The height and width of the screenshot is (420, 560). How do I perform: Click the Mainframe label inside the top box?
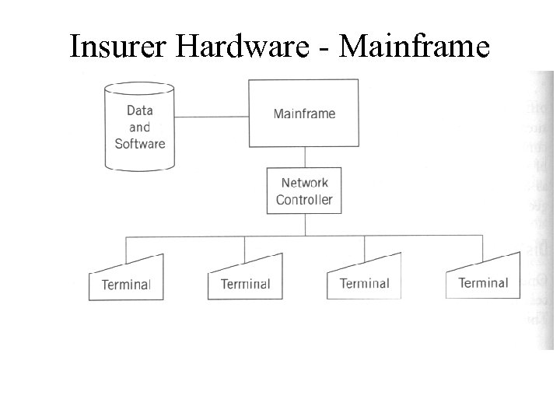tap(304, 114)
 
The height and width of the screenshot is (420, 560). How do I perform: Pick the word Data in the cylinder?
tap(140, 110)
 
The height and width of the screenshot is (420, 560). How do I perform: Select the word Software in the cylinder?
tap(140, 143)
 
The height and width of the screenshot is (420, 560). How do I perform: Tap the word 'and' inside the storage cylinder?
tap(140, 127)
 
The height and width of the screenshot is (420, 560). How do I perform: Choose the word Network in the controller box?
tap(304, 183)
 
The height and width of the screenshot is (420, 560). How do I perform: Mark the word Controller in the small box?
tap(304, 200)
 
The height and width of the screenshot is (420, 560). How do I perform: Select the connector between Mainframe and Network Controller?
tap(304, 157)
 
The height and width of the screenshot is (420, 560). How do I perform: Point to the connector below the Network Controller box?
tap(304, 224)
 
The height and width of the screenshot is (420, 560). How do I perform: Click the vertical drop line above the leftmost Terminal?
tap(126, 249)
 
